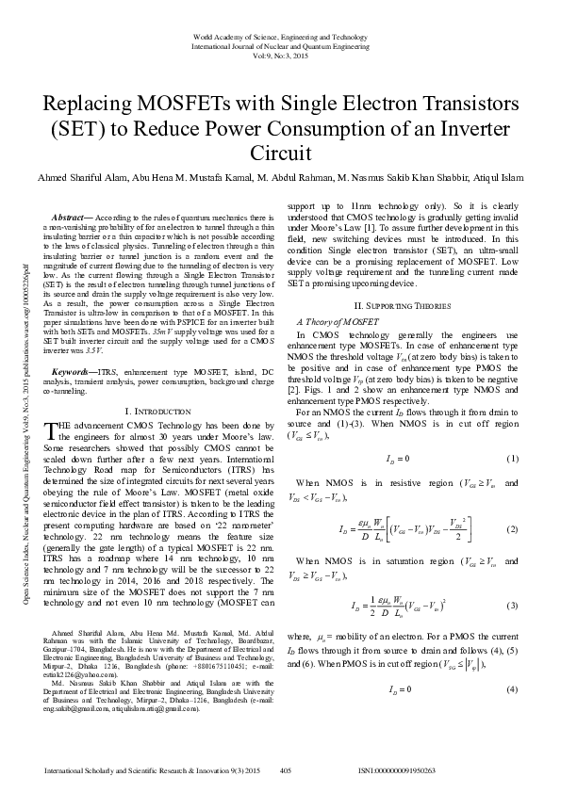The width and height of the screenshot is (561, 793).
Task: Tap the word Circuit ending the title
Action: click(x=279, y=153)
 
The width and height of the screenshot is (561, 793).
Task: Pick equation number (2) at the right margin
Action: click(x=513, y=530)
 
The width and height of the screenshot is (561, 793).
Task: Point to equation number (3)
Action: click(x=513, y=604)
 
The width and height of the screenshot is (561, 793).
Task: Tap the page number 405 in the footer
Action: click(x=288, y=770)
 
